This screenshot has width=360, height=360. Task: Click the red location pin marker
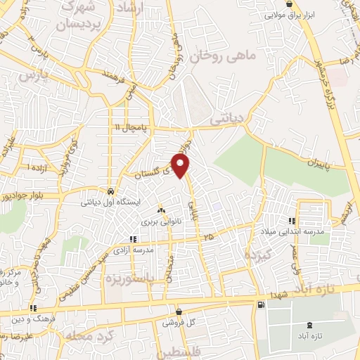pos(181,166)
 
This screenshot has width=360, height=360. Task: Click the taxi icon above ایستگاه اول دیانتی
pos(110,191)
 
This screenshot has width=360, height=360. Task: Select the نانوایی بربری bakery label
pos(162,221)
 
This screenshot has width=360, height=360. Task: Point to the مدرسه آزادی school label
pos(133,250)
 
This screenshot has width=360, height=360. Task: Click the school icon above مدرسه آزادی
pos(133,240)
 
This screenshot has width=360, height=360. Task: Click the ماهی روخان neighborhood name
pos(224,53)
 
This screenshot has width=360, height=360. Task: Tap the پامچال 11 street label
pos(132,127)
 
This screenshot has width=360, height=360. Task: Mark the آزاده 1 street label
pos(39,169)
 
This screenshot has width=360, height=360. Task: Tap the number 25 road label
pos(207,239)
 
